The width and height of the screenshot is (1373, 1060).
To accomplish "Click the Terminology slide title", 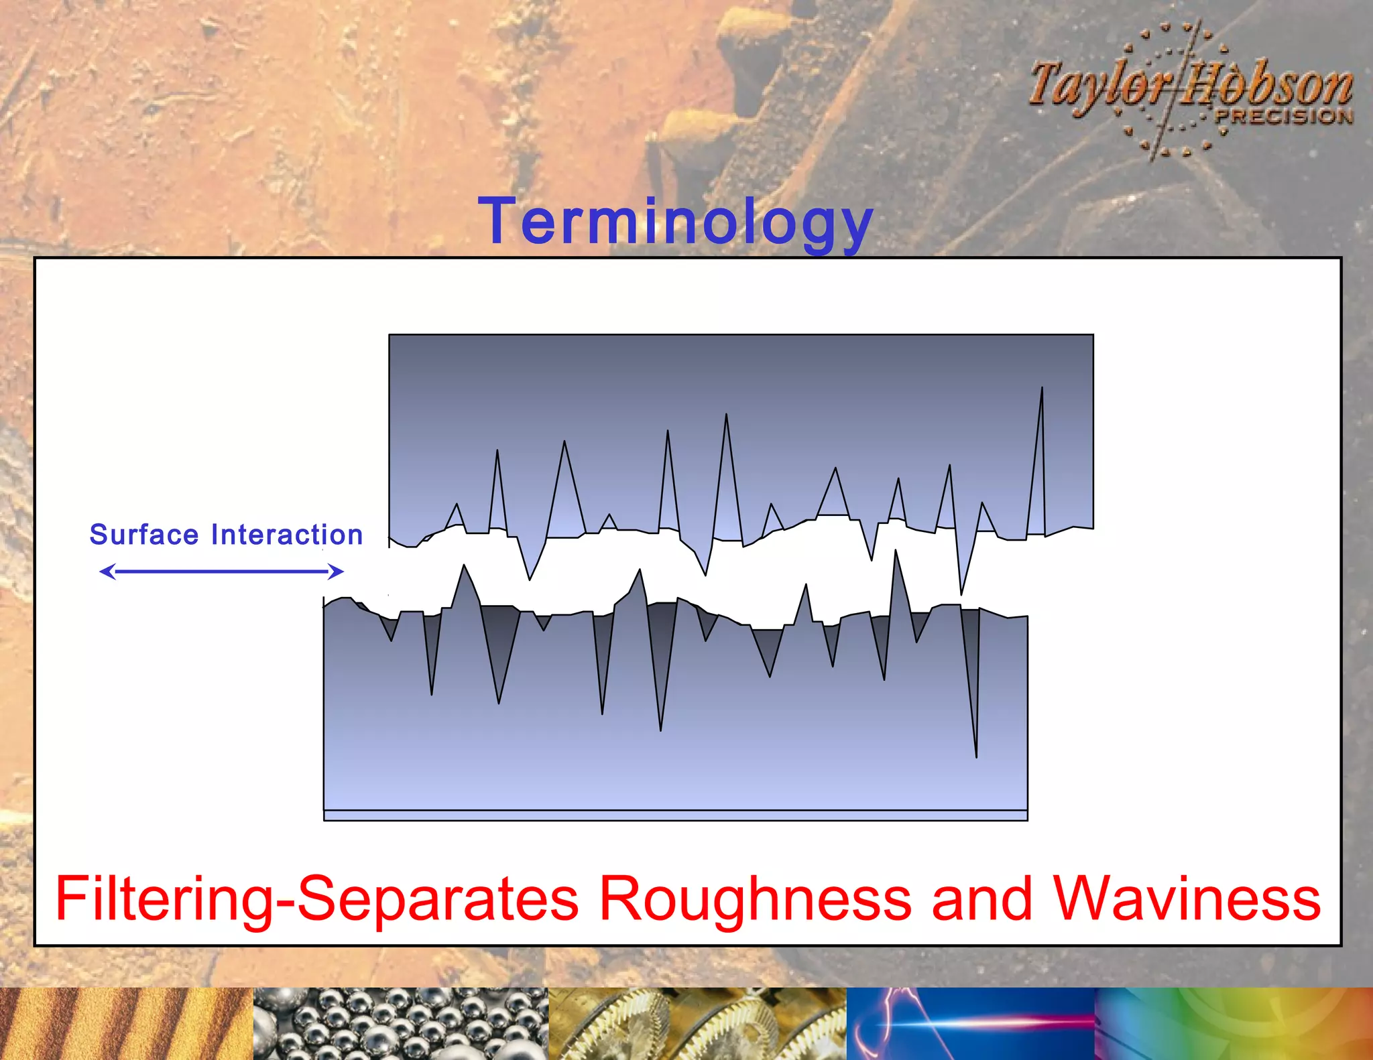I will pos(675,222).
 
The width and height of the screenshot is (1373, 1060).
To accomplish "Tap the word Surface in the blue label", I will pos(144,535).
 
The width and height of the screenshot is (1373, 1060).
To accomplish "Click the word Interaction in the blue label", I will pos(287,535).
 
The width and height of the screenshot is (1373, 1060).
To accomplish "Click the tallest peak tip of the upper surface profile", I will pos(1042,389).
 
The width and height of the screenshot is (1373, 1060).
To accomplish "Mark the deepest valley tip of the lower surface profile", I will pos(976,756).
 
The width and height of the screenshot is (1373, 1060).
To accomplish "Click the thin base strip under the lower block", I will pos(675,815).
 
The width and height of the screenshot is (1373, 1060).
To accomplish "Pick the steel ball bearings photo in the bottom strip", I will pos(400,1024).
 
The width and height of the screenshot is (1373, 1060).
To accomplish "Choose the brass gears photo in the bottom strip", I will pos(697,1024).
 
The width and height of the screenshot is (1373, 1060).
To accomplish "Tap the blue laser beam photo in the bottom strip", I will pos(970,1024).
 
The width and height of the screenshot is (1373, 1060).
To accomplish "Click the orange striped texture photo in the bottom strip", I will pos(126,1024).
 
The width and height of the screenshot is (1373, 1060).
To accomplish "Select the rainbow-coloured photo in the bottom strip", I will pos(1234,1024).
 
